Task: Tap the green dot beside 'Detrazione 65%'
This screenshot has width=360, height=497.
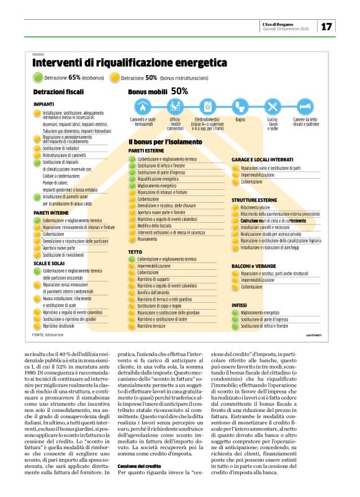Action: click(x=37, y=78)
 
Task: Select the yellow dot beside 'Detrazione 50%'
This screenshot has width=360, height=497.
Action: click(x=114, y=78)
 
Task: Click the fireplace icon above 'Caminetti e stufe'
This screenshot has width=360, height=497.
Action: click(x=143, y=106)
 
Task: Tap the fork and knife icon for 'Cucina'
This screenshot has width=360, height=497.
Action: click(x=272, y=106)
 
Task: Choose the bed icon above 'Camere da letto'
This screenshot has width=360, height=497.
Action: click(x=305, y=106)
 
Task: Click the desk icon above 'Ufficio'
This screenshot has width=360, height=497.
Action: click(x=175, y=106)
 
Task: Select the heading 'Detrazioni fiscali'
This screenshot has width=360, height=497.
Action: click(x=58, y=92)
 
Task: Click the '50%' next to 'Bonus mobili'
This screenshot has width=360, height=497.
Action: click(x=179, y=91)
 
